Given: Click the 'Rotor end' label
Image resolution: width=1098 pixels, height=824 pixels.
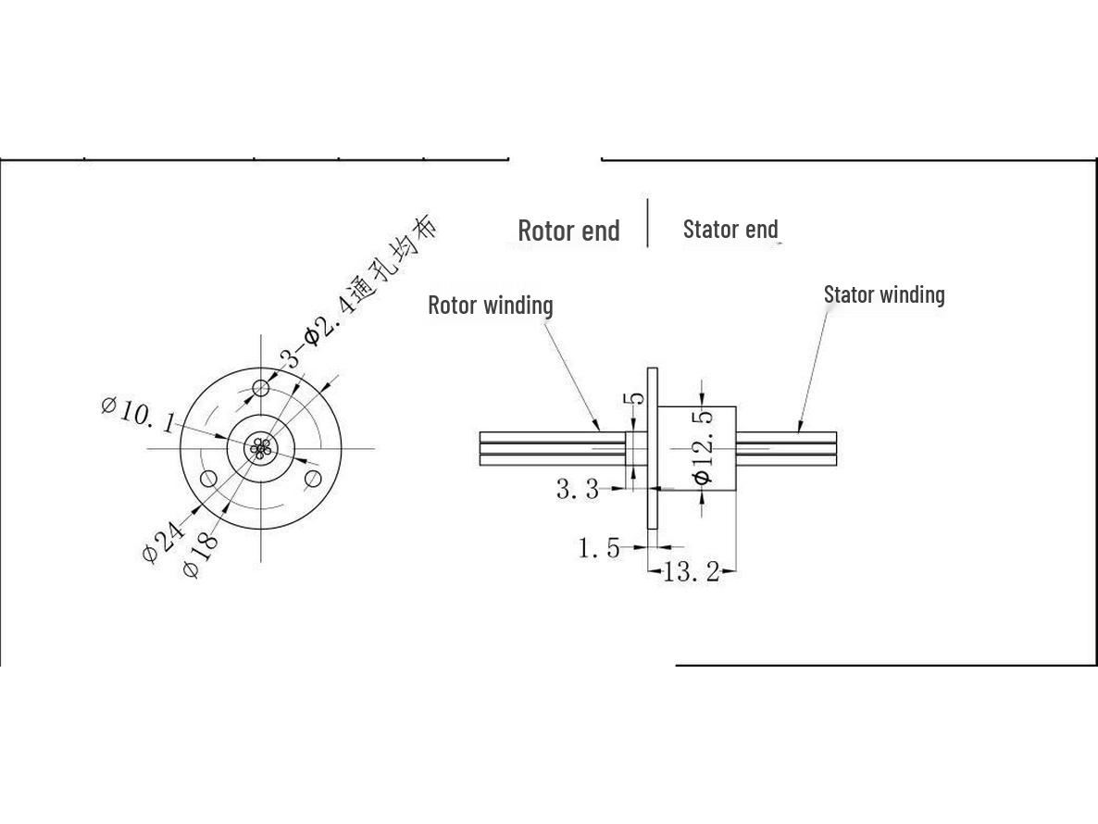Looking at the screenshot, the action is (568, 231).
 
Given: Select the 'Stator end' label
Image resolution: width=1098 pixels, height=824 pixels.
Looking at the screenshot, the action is (730, 229).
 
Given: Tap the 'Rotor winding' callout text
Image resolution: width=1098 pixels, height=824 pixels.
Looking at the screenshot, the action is (490, 306).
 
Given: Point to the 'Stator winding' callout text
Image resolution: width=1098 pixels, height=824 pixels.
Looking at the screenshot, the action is (884, 294).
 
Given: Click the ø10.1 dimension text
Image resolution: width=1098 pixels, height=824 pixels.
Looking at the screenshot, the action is (138, 416).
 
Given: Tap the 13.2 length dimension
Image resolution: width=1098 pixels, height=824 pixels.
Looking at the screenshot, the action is (691, 573).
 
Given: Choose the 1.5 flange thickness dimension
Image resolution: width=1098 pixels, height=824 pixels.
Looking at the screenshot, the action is (599, 547).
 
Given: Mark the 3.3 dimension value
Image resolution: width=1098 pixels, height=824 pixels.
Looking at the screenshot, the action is (578, 489).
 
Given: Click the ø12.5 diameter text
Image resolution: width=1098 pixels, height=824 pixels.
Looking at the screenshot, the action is (703, 448).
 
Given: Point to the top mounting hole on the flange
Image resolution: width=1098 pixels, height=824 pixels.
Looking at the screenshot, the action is (261, 387).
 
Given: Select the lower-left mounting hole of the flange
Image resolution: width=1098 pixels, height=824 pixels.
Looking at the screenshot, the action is (208, 480).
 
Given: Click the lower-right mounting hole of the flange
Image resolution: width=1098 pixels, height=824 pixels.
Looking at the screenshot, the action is (313, 480).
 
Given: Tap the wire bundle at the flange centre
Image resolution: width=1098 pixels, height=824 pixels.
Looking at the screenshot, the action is (260, 448).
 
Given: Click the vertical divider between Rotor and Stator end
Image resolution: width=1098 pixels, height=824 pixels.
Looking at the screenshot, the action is (648, 222).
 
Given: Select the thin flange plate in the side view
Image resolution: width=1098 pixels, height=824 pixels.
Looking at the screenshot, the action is (653, 448).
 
